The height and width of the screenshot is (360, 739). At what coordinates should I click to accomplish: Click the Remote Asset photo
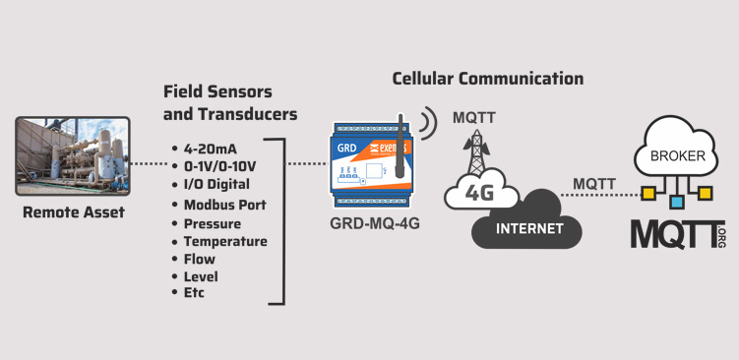point(73,156)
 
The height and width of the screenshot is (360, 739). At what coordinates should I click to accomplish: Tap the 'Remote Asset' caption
point(74,212)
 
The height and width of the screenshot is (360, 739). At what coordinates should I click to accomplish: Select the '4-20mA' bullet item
point(211,149)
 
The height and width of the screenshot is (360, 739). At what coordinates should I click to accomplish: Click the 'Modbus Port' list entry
point(224,205)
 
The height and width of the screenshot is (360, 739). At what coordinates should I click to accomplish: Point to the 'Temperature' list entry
point(225,242)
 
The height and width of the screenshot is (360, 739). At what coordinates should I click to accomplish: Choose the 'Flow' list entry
point(200,259)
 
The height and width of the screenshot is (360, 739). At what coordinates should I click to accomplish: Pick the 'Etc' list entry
point(194,292)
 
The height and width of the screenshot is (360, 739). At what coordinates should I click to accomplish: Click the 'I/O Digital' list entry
point(216,184)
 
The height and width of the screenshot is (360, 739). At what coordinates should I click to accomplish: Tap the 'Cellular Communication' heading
point(488,79)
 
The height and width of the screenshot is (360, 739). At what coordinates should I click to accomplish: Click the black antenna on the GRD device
point(400,147)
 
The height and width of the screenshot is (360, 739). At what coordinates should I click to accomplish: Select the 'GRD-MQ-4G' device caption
point(375,223)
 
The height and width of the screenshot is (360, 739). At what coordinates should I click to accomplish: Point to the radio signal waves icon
point(428,123)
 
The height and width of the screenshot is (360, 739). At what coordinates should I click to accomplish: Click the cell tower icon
point(477,150)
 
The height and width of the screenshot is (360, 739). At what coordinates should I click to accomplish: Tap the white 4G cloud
point(481,191)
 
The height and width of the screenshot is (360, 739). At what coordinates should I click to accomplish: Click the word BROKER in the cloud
point(678,156)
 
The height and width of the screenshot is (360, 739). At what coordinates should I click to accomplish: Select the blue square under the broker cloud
point(677,203)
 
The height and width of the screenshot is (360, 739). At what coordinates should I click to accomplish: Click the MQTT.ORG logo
point(679,234)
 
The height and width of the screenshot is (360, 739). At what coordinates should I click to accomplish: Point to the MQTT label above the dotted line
point(594,184)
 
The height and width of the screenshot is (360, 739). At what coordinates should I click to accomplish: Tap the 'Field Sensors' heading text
point(217,91)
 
